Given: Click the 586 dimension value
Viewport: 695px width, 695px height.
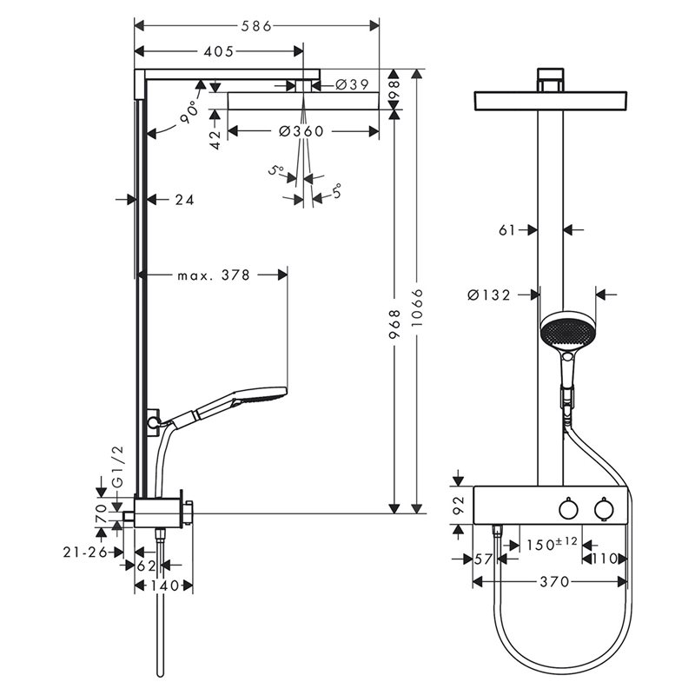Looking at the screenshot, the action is [x=256, y=26].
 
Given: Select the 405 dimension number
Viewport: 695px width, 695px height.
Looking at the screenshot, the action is [x=219, y=52].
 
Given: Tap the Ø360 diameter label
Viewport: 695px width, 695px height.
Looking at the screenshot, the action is [x=301, y=131].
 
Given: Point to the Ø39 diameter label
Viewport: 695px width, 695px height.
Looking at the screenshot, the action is [x=352, y=84].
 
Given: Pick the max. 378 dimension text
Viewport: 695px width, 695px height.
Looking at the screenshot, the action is [x=214, y=275].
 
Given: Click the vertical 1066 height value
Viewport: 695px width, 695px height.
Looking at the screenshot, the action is [x=418, y=308].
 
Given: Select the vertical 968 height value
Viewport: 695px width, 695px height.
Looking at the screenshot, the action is [x=394, y=324].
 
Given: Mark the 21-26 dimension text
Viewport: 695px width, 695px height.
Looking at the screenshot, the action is [x=85, y=553].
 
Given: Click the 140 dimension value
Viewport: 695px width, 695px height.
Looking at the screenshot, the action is [x=164, y=586].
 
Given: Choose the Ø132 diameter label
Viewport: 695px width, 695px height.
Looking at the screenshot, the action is [x=489, y=295].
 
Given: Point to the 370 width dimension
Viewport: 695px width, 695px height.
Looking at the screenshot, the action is [x=554, y=581].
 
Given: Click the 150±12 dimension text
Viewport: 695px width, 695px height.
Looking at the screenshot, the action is [x=552, y=544].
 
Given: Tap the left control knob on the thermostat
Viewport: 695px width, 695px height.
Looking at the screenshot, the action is [x=568, y=508].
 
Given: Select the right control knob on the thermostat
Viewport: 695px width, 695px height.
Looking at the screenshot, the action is [x=604, y=508].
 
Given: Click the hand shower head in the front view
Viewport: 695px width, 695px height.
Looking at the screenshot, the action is [x=567, y=330].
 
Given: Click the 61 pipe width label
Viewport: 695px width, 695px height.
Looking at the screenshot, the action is [x=507, y=230].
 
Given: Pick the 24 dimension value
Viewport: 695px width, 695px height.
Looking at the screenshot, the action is [x=184, y=200].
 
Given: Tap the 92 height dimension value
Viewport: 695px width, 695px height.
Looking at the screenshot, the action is [x=459, y=506].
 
